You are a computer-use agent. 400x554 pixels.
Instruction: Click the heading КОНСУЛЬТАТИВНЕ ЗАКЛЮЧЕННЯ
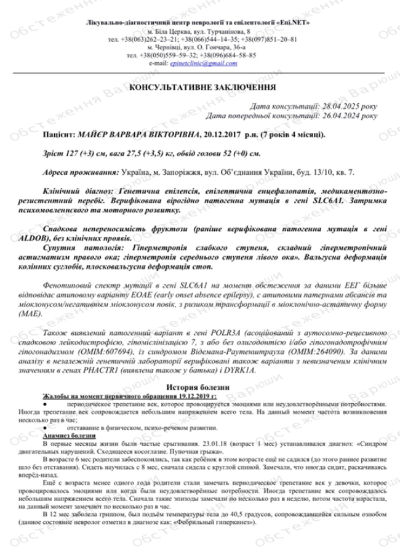[x=202, y=88]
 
